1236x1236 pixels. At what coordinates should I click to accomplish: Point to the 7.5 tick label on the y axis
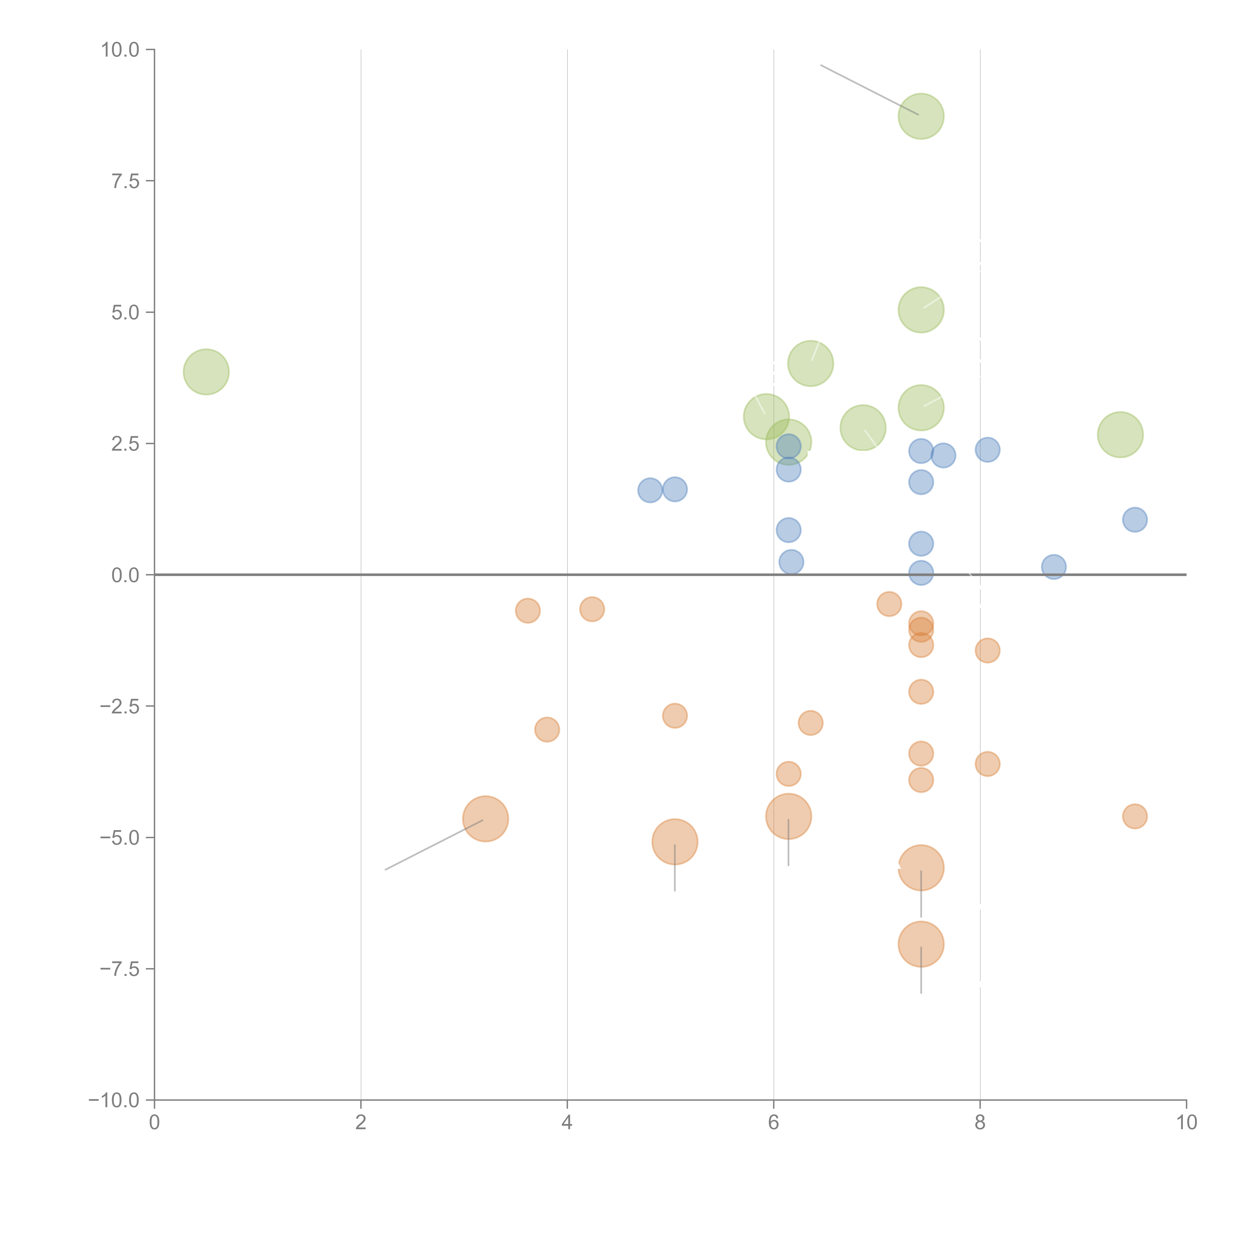[125, 181]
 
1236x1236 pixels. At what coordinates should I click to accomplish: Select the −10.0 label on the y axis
[114, 1100]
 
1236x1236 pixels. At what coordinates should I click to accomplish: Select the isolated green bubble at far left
[206, 372]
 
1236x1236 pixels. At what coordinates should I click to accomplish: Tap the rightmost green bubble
[1120, 434]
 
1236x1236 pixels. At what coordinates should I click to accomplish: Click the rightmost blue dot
[1134, 519]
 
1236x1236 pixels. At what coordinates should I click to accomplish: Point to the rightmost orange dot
[1134, 816]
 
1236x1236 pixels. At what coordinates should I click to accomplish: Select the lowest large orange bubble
[921, 944]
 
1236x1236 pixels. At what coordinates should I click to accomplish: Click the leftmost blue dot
[649, 491]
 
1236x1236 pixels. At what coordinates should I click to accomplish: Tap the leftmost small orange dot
[527, 611]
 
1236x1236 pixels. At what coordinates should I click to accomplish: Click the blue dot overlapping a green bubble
[788, 446]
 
